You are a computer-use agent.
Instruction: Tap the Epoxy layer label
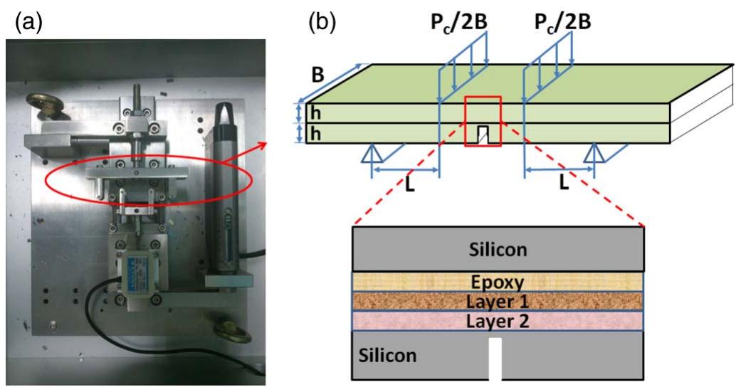click(498, 282)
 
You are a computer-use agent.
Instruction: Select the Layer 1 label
click(498, 300)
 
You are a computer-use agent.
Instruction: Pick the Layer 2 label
click(498, 320)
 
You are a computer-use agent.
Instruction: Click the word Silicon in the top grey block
click(498, 250)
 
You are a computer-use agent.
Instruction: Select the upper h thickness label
click(312, 112)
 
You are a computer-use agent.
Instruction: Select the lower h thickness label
click(312, 133)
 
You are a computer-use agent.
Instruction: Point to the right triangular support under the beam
click(595, 154)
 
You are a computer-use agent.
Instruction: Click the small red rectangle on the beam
click(483, 122)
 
